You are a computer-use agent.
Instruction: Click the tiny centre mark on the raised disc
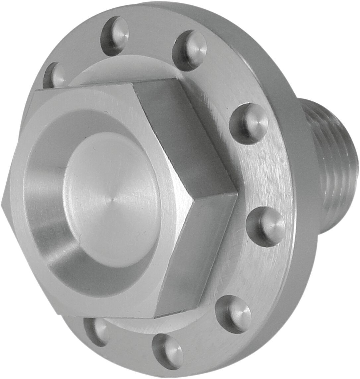(112, 200)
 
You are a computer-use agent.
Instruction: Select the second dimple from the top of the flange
(191, 50)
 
